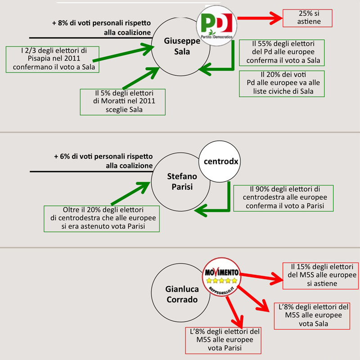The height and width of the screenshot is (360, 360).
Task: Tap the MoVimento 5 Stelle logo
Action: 222,276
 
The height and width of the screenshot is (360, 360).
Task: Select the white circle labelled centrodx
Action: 217,162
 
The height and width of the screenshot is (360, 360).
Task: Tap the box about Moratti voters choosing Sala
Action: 122,101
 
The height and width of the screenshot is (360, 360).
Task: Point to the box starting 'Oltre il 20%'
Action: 102,219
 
